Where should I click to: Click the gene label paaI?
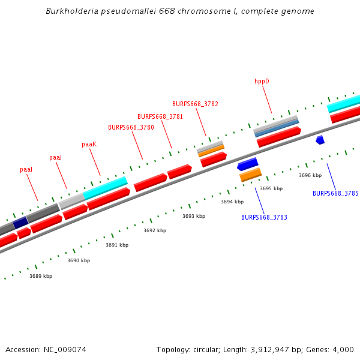click(26, 170)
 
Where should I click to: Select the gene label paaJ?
click(55, 157)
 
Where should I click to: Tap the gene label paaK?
click(89, 144)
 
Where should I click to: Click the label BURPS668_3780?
click(131, 127)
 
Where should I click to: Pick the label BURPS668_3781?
click(160, 116)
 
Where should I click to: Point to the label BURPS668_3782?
click(195, 104)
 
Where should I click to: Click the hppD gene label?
click(262, 81)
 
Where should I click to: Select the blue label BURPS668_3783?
click(264, 217)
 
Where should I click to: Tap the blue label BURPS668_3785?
click(335, 193)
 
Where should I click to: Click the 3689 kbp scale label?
click(41, 276)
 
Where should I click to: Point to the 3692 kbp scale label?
click(155, 230)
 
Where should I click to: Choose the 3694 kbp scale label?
click(232, 202)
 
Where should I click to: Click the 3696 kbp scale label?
click(310, 175)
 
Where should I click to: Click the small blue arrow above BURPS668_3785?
click(320, 140)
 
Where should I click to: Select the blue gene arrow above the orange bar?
click(248, 163)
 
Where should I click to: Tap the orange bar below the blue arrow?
click(251, 175)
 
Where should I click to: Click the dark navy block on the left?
click(21, 222)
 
